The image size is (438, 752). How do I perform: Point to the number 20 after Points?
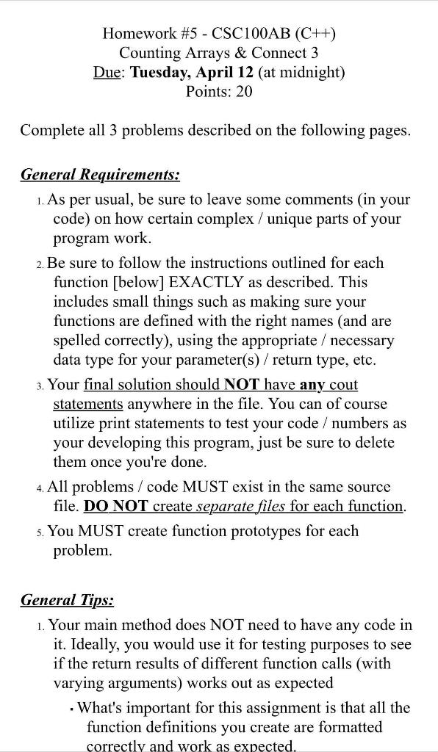pyautogui.click(x=243, y=92)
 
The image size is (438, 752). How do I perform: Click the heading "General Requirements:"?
pyautogui.click(x=100, y=175)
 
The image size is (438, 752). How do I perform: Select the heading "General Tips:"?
pyautogui.click(x=67, y=600)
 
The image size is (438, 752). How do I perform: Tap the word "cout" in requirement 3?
pyautogui.click(x=343, y=384)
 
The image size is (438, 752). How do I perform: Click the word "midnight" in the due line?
pyautogui.click(x=309, y=72)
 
